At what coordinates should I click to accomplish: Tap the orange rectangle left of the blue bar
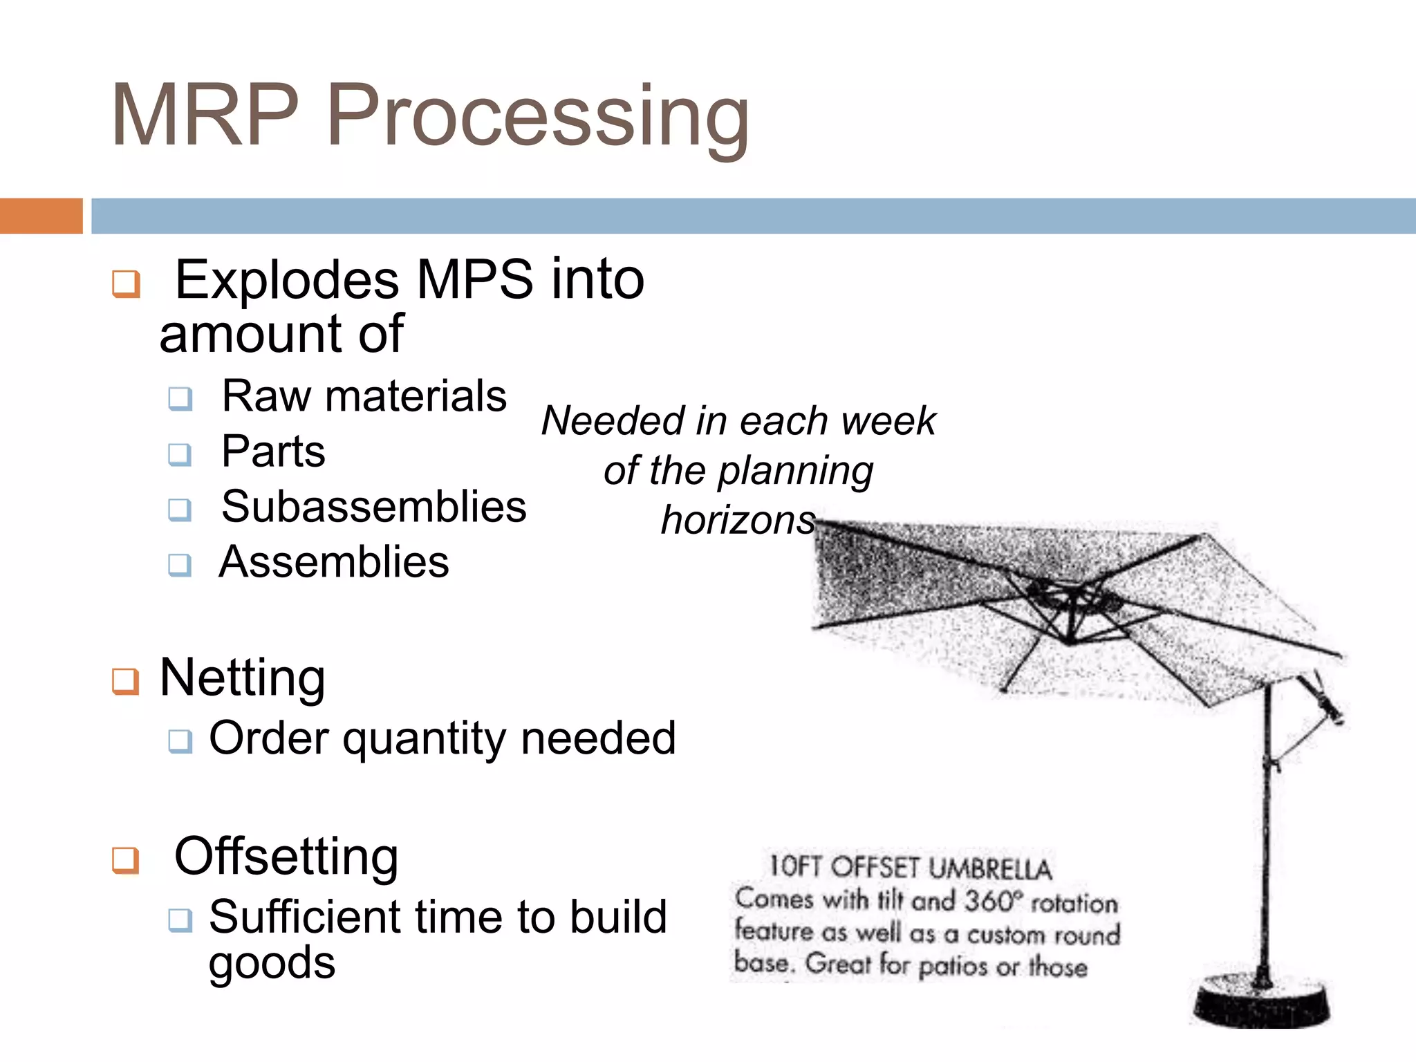[41, 216]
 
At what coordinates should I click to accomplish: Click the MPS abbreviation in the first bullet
[474, 280]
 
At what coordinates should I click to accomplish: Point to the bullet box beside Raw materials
[180, 399]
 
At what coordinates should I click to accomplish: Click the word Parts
[273, 451]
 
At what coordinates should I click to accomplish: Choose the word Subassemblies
[373, 506]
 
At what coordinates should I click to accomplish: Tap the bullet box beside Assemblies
[180, 565]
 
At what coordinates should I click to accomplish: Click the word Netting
[242, 678]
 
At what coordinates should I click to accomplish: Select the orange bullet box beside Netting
[126, 682]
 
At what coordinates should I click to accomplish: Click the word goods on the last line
[272, 962]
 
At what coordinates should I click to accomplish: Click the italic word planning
[795, 472]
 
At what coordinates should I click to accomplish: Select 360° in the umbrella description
[992, 900]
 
